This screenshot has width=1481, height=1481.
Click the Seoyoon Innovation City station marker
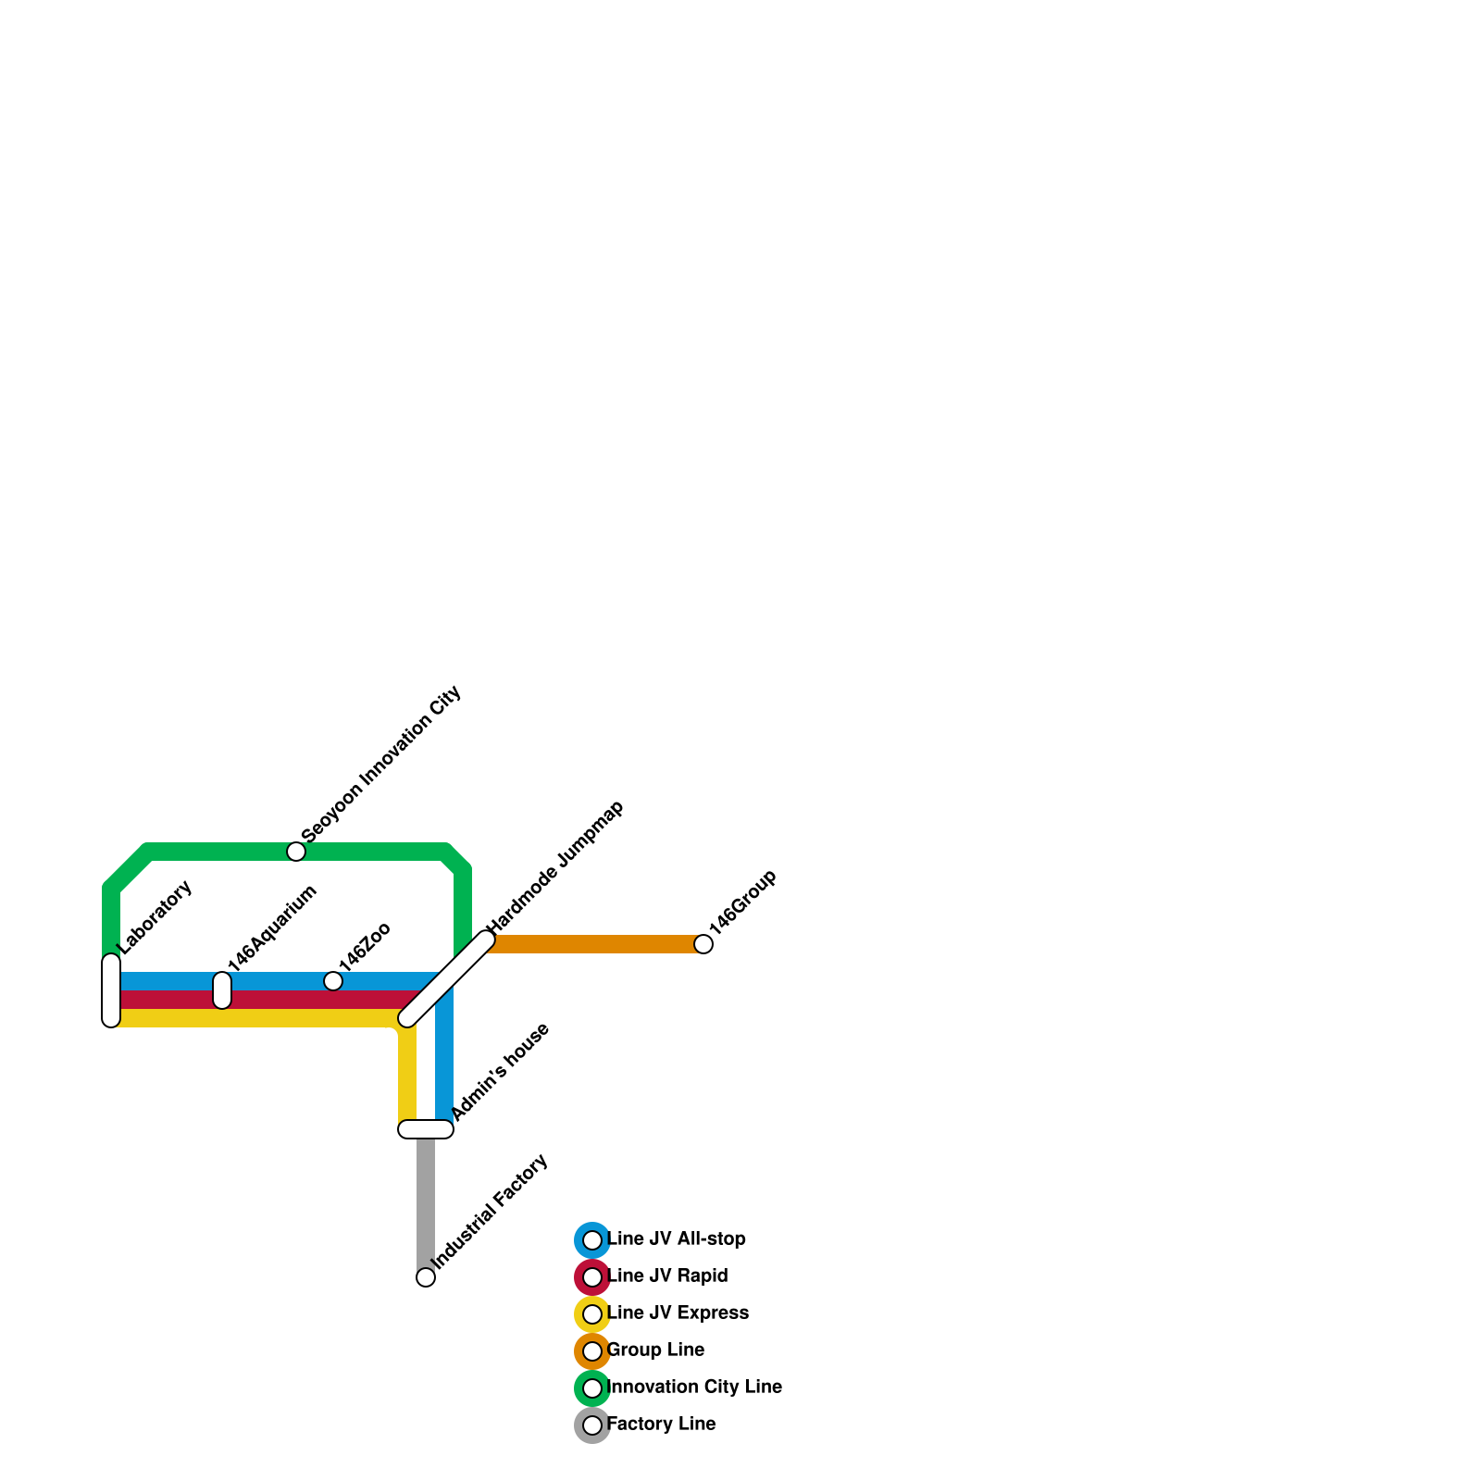pyautogui.click(x=296, y=852)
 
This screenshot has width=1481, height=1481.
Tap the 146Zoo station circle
pyautogui.click(x=333, y=981)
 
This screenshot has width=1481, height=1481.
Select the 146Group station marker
pyautogui.click(x=703, y=944)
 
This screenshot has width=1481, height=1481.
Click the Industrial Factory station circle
pyautogui.click(x=426, y=1277)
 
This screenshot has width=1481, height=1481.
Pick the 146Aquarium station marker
pyautogui.click(x=222, y=990)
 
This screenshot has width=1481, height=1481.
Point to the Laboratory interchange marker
pyautogui.click(x=111, y=990)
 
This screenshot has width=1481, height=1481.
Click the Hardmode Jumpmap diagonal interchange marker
pyautogui.click(x=447, y=979)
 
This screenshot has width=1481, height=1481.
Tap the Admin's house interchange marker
pyautogui.click(x=426, y=1129)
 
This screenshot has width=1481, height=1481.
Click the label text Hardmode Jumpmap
pyautogui.click(x=555, y=866)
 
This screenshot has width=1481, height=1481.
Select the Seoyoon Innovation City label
pyautogui.click(x=381, y=765)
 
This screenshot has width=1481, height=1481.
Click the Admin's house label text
pyautogui.click(x=500, y=1071)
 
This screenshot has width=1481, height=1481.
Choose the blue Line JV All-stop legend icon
pyautogui.click(x=592, y=1240)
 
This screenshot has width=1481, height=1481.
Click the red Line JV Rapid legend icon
pyautogui.click(x=592, y=1277)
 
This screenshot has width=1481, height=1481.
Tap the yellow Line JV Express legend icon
pyautogui.click(x=592, y=1314)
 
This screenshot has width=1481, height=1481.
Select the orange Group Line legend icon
pyautogui.click(x=592, y=1351)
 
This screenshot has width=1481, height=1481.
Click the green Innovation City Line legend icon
pyautogui.click(x=592, y=1388)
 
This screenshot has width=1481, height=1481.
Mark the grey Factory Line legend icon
pyautogui.click(x=592, y=1425)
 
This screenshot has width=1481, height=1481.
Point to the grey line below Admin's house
pyautogui.click(x=426, y=1203)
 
